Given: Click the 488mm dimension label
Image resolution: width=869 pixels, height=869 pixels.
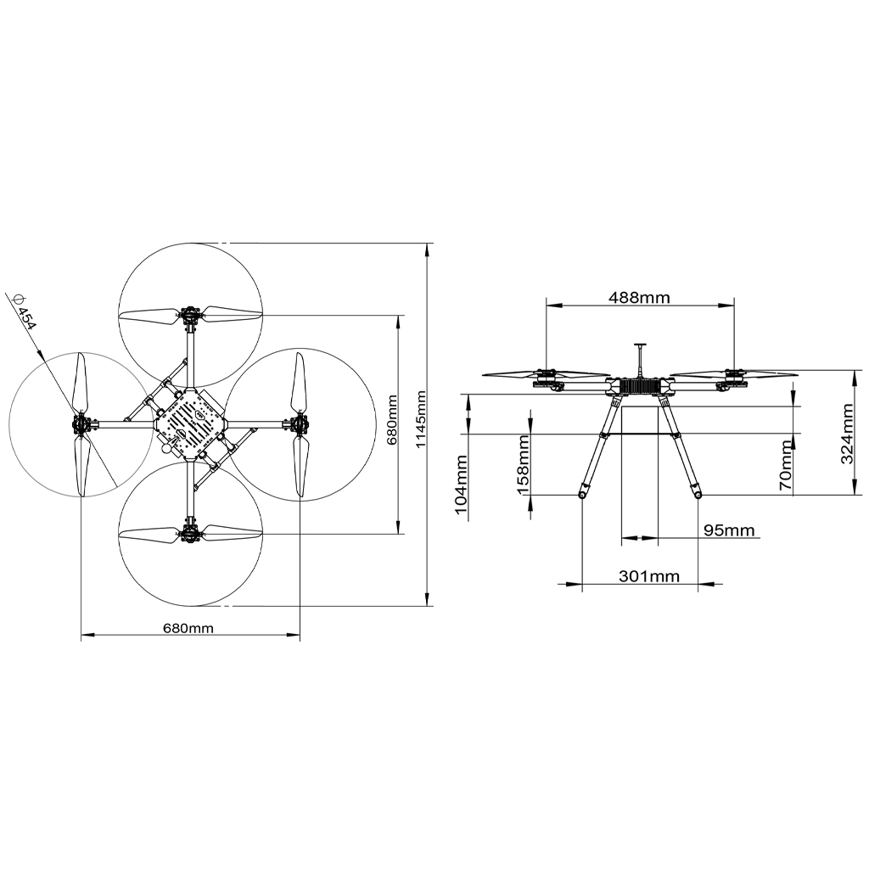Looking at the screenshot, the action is [x=639, y=298].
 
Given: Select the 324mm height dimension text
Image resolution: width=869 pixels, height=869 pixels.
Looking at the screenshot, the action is [x=848, y=434].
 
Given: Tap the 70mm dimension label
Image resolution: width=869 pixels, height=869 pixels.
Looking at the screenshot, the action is [x=786, y=465].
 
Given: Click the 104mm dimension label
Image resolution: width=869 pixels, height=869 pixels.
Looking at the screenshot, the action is [x=462, y=485].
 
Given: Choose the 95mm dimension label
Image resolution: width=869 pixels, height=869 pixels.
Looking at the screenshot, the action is [x=729, y=530].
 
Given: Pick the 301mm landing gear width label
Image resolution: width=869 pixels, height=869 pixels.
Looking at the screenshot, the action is [x=649, y=576].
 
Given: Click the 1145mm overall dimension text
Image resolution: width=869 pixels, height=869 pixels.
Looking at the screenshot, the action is [x=421, y=419].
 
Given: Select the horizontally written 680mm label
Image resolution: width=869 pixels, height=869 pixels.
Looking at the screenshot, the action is [x=188, y=628].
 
